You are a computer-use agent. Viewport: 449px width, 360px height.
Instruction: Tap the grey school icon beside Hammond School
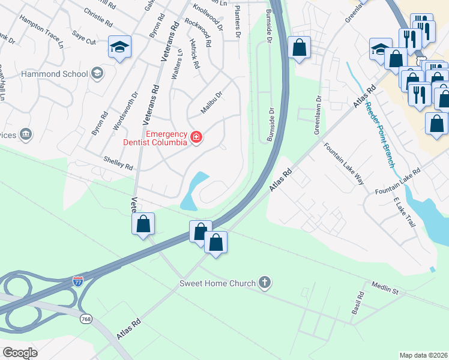point(96,73)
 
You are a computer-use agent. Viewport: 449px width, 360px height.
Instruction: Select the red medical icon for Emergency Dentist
point(196,138)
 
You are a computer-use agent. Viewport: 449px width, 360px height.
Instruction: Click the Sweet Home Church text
point(217,283)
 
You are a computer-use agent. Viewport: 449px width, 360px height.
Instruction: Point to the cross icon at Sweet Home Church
point(265,283)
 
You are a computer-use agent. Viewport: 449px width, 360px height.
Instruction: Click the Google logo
point(20,352)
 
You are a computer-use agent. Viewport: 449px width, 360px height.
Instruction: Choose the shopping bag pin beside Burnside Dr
point(299,47)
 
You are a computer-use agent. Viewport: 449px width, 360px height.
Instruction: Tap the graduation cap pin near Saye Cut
point(119,47)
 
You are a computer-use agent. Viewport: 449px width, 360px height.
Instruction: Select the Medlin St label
point(384,287)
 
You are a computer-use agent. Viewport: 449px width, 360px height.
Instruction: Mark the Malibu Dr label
point(211,103)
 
